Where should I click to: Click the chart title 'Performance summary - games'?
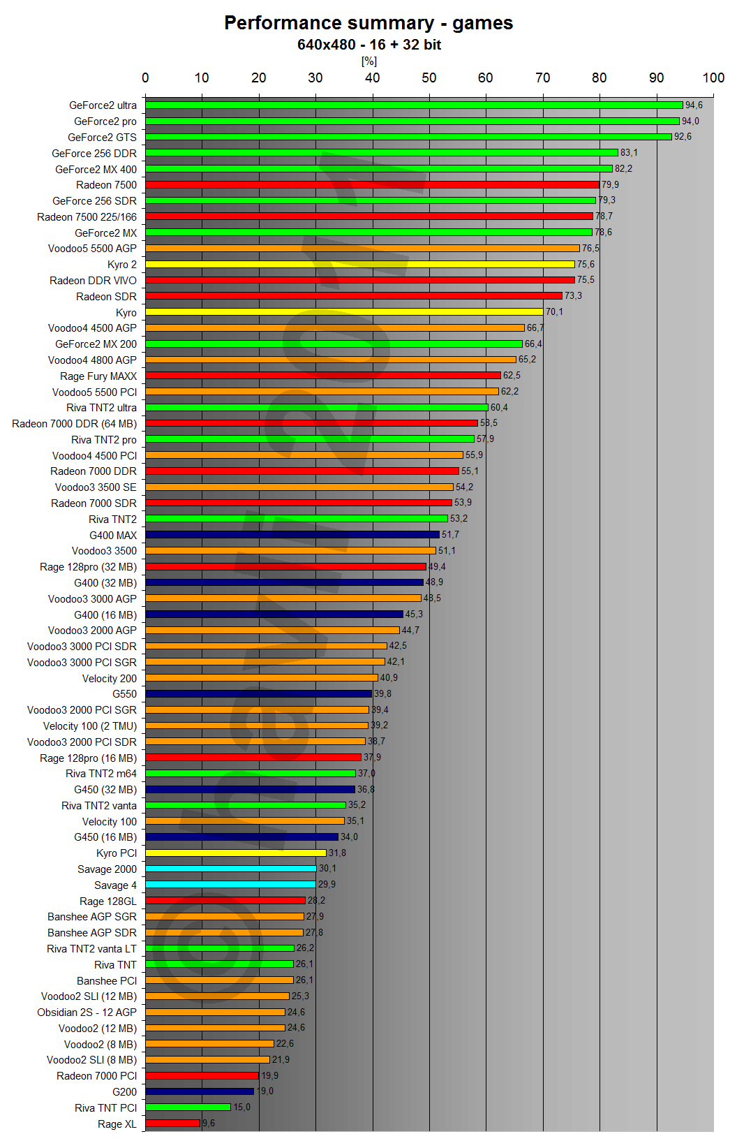coord(368,23)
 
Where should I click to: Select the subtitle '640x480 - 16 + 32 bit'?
coord(368,45)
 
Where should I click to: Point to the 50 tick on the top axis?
coord(429,78)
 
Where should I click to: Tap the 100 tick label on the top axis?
coord(713,78)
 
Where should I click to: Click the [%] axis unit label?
coord(368,61)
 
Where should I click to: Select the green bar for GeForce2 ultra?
coord(413,105)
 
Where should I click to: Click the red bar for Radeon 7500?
coord(372,185)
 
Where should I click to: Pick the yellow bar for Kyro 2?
coord(359,265)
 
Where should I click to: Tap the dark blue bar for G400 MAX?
coord(292,535)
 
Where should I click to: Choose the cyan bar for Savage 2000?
coord(230,869)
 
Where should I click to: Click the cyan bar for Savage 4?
coord(230,885)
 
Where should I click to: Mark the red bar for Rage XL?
coord(172,1124)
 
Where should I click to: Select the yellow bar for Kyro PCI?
coord(235,853)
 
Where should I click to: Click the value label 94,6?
coord(694,105)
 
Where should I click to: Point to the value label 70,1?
coord(554,312)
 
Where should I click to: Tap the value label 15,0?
coord(241,1107)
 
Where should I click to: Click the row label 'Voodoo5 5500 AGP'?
coord(92,249)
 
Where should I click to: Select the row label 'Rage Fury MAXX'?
coord(98,376)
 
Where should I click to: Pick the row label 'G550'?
coord(124,694)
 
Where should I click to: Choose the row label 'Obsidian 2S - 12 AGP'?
coord(87,1013)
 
